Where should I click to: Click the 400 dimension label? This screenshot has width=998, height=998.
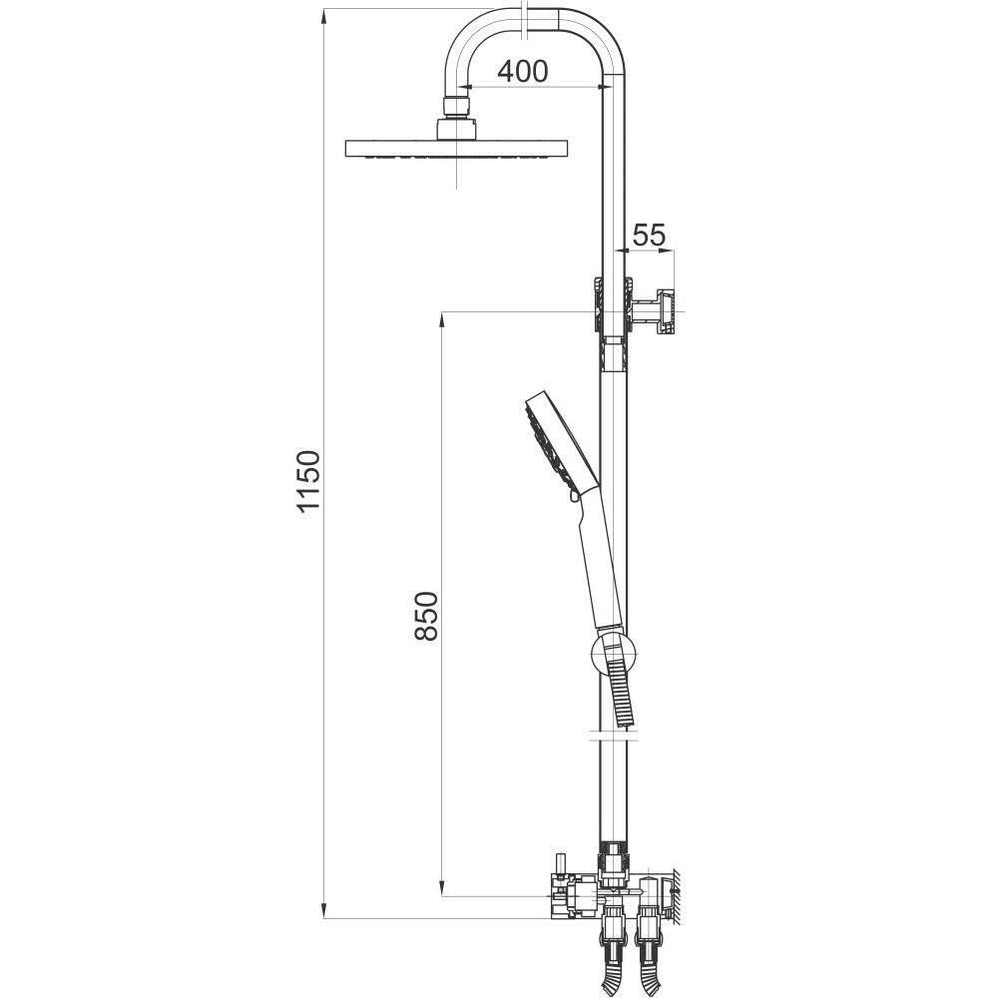(522, 72)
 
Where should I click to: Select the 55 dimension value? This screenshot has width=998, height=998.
(650, 235)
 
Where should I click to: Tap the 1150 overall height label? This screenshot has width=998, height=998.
(308, 481)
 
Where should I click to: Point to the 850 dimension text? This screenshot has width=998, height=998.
(426, 616)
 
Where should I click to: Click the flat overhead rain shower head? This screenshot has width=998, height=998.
(456, 149)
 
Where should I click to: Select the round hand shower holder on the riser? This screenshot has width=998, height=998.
(614, 653)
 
